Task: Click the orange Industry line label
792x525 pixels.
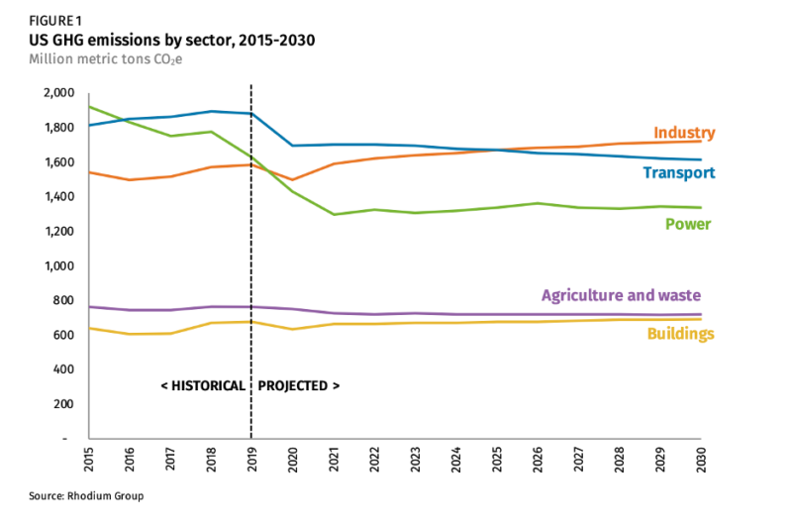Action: pyautogui.click(x=684, y=133)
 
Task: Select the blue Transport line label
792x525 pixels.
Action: pyautogui.click(x=678, y=172)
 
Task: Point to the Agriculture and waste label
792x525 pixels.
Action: pyautogui.click(x=621, y=295)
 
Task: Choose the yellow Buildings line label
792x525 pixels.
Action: pyautogui.click(x=680, y=334)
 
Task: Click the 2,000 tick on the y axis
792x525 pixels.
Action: pyautogui.click(x=59, y=93)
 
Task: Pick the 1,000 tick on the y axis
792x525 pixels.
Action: pyautogui.click(x=59, y=265)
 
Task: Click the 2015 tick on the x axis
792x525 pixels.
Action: pyautogui.click(x=89, y=457)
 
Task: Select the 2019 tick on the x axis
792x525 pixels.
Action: pyautogui.click(x=251, y=457)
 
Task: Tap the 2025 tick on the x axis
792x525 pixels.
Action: pyautogui.click(x=497, y=457)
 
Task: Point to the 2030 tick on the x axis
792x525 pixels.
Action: pyautogui.click(x=701, y=457)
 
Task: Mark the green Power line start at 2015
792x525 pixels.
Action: pyautogui.click(x=89, y=106)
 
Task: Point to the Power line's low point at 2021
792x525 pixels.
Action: pyautogui.click(x=334, y=214)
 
